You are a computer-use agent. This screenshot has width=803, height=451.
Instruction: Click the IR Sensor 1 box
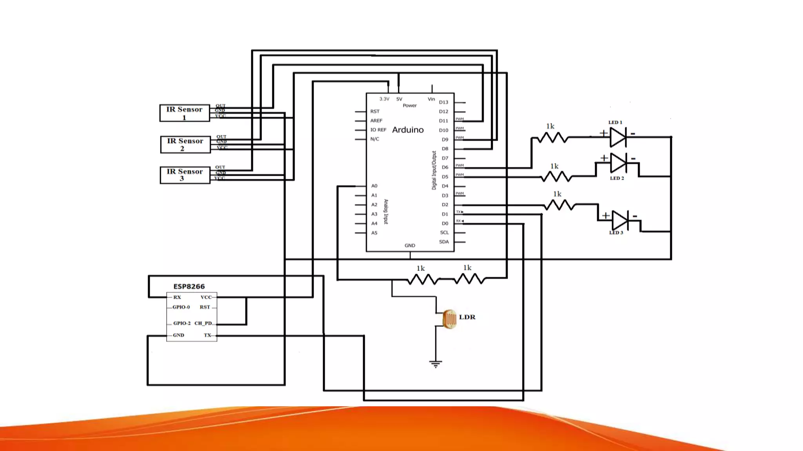pyautogui.click(x=185, y=113)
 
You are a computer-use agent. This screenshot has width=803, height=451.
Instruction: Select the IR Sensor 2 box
pyautogui.click(x=185, y=144)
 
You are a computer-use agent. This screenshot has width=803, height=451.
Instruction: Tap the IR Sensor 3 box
pyautogui.click(x=185, y=175)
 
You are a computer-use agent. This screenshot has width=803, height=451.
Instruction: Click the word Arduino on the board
pyautogui.click(x=408, y=130)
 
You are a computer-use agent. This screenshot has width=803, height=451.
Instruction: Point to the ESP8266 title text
pyautogui.click(x=189, y=287)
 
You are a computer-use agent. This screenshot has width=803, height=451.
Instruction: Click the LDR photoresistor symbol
pyautogui.click(x=449, y=319)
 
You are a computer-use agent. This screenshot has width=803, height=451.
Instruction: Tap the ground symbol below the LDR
pyautogui.click(x=436, y=364)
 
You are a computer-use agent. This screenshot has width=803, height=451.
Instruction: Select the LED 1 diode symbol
pyautogui.click(x=618, y=137)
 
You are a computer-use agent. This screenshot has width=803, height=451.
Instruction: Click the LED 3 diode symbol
pyautogui.click(x=620, y=221)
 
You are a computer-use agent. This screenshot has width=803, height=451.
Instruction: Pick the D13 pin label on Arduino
pyautogui.click(x=443, y=102)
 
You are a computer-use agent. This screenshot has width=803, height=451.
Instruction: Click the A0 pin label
pyautogui.click(x=374, y=186)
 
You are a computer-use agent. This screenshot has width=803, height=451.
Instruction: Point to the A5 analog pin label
pyautogui.click(x=374, y=233)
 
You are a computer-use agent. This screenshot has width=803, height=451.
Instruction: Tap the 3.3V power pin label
pyautogui.click(x=384, y=99)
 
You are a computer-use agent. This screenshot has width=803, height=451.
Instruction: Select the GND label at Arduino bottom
pyautogui.click(x=410, y=245)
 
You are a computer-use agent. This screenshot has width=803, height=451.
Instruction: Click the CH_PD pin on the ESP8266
pyautogui.click(x=203, y=323)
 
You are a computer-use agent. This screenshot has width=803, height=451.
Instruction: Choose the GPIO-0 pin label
pyautogui.click(x=181, y=307)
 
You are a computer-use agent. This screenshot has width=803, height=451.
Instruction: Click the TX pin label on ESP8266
pyautogui.click(x=207, y=335)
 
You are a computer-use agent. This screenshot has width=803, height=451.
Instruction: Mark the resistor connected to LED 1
pyautogui.click(x=552, y=137)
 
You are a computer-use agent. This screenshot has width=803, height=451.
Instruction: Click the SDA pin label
pyautogui.click(x=444, y=242)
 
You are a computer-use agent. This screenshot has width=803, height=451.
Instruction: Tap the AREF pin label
pyautogui.click(x=376, y=121)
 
